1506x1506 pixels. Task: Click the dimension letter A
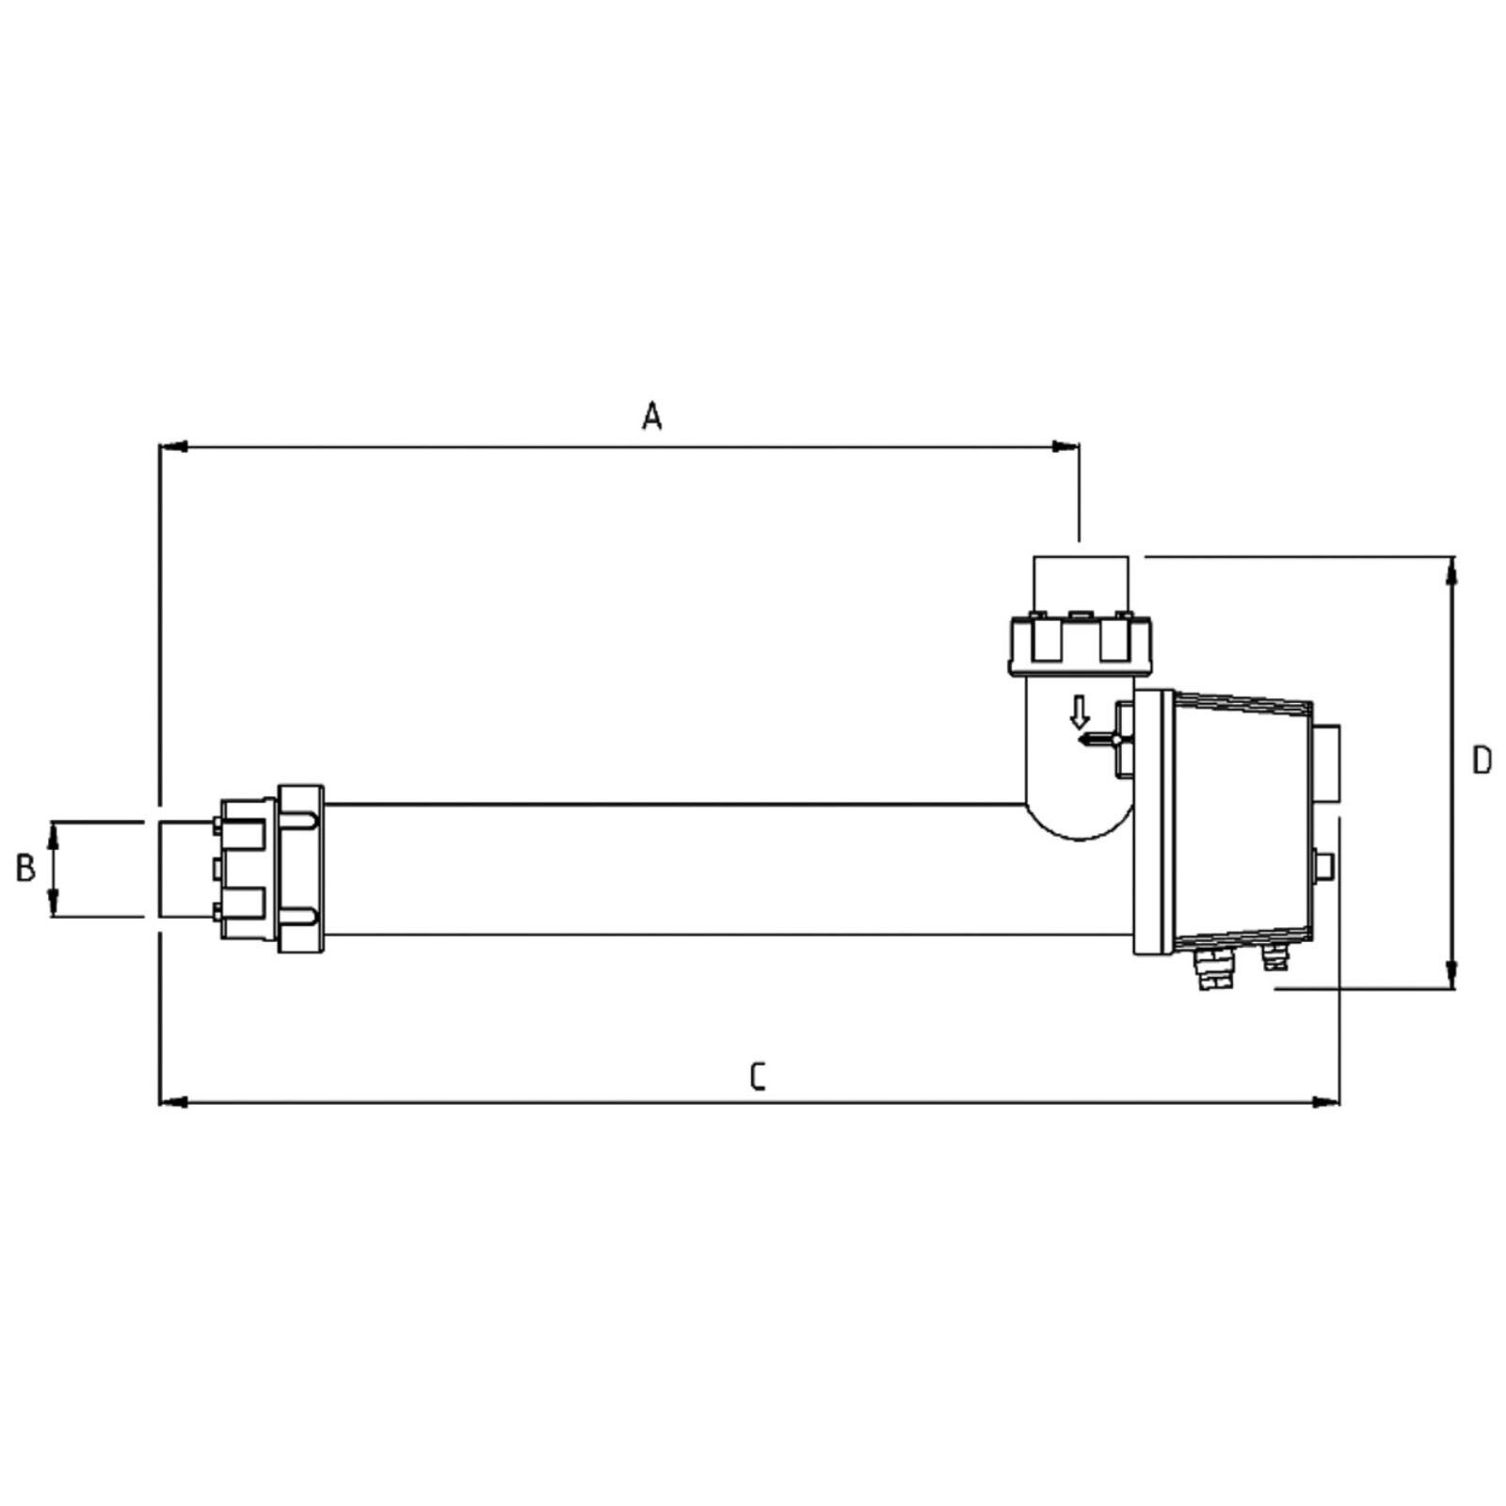click(x=652, y=415)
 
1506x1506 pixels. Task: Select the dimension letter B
click(x=26, y=868)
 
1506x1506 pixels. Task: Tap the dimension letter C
click(x=759, y=1077)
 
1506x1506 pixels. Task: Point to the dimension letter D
click(x=1482, y=761)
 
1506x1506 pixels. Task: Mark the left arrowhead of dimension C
click(x=174, y=1100)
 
